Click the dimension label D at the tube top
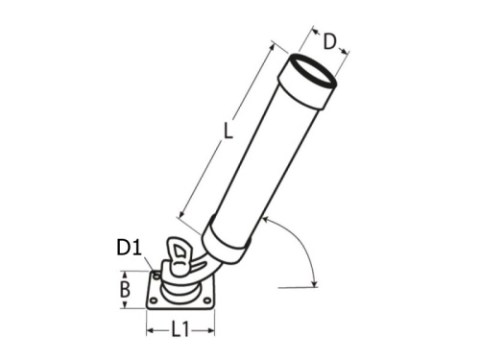pyautogui.click(x=329, y=40)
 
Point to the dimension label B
pyautogui.click(x=124, y=290)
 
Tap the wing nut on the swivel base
pyautogui.click(x=180, y=256)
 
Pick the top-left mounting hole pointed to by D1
pyautogui.click(x=157, y=276)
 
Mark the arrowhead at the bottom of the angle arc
pyautogui.click(x=314, y=280)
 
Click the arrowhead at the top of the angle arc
pyautogui.click(x=266, y=222)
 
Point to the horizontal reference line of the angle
pyautogui.click(x=293, y=286)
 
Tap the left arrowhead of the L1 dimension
pyautogui.click(x=149, y=330)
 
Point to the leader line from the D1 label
pyautogui.click(x=149, y=263)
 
